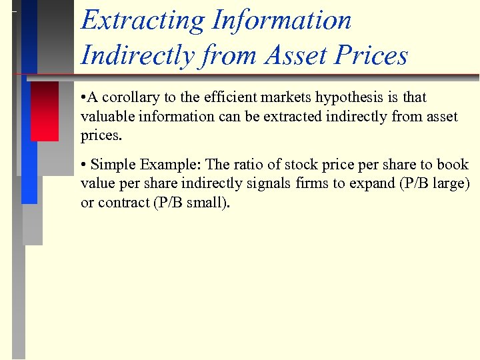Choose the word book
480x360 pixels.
point(453,165)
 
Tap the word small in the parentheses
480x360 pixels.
point(206,203)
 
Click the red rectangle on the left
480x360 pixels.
point(45,111)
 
